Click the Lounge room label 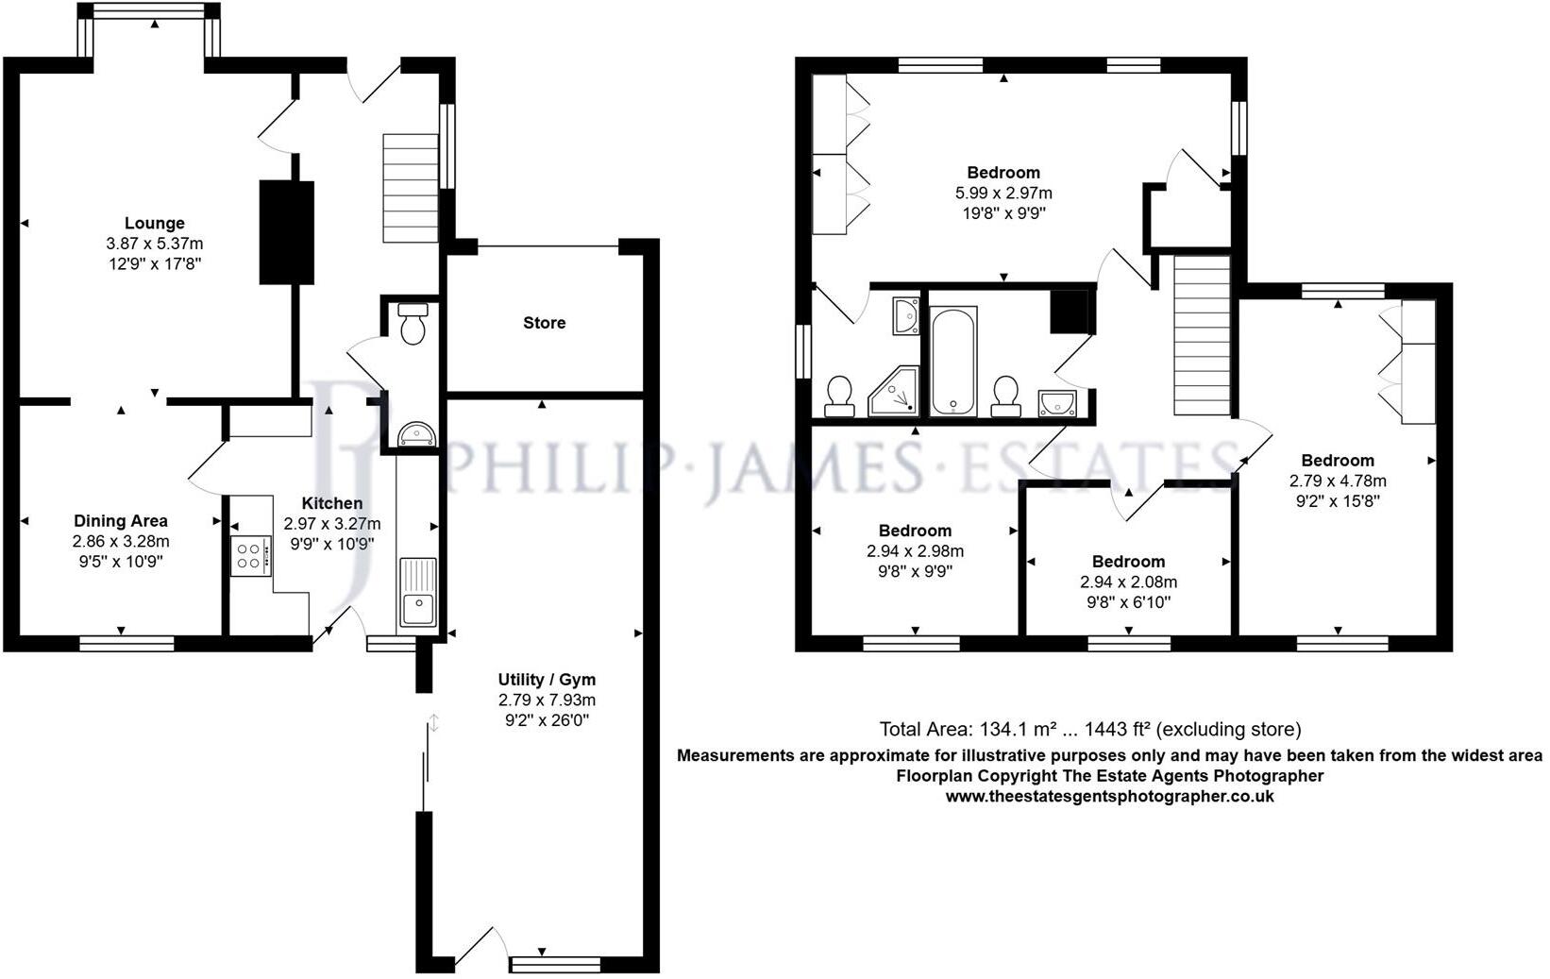point(154,224)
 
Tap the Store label point(545,323)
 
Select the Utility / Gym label point(547,680)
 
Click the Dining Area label point(121,521)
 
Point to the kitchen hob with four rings point(250,555)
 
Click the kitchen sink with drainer point(417,592)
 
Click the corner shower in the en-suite point(893,393)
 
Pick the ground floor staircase point(411,189)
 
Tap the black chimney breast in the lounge point(286,232)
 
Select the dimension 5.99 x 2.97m point(1003,193)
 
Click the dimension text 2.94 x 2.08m point(1128,582)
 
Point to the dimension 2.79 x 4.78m point(1338,481)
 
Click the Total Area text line point(1089,729)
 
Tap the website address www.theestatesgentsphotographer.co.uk point(1109,796)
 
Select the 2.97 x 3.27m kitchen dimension point(332,524)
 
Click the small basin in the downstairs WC point(416,434)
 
